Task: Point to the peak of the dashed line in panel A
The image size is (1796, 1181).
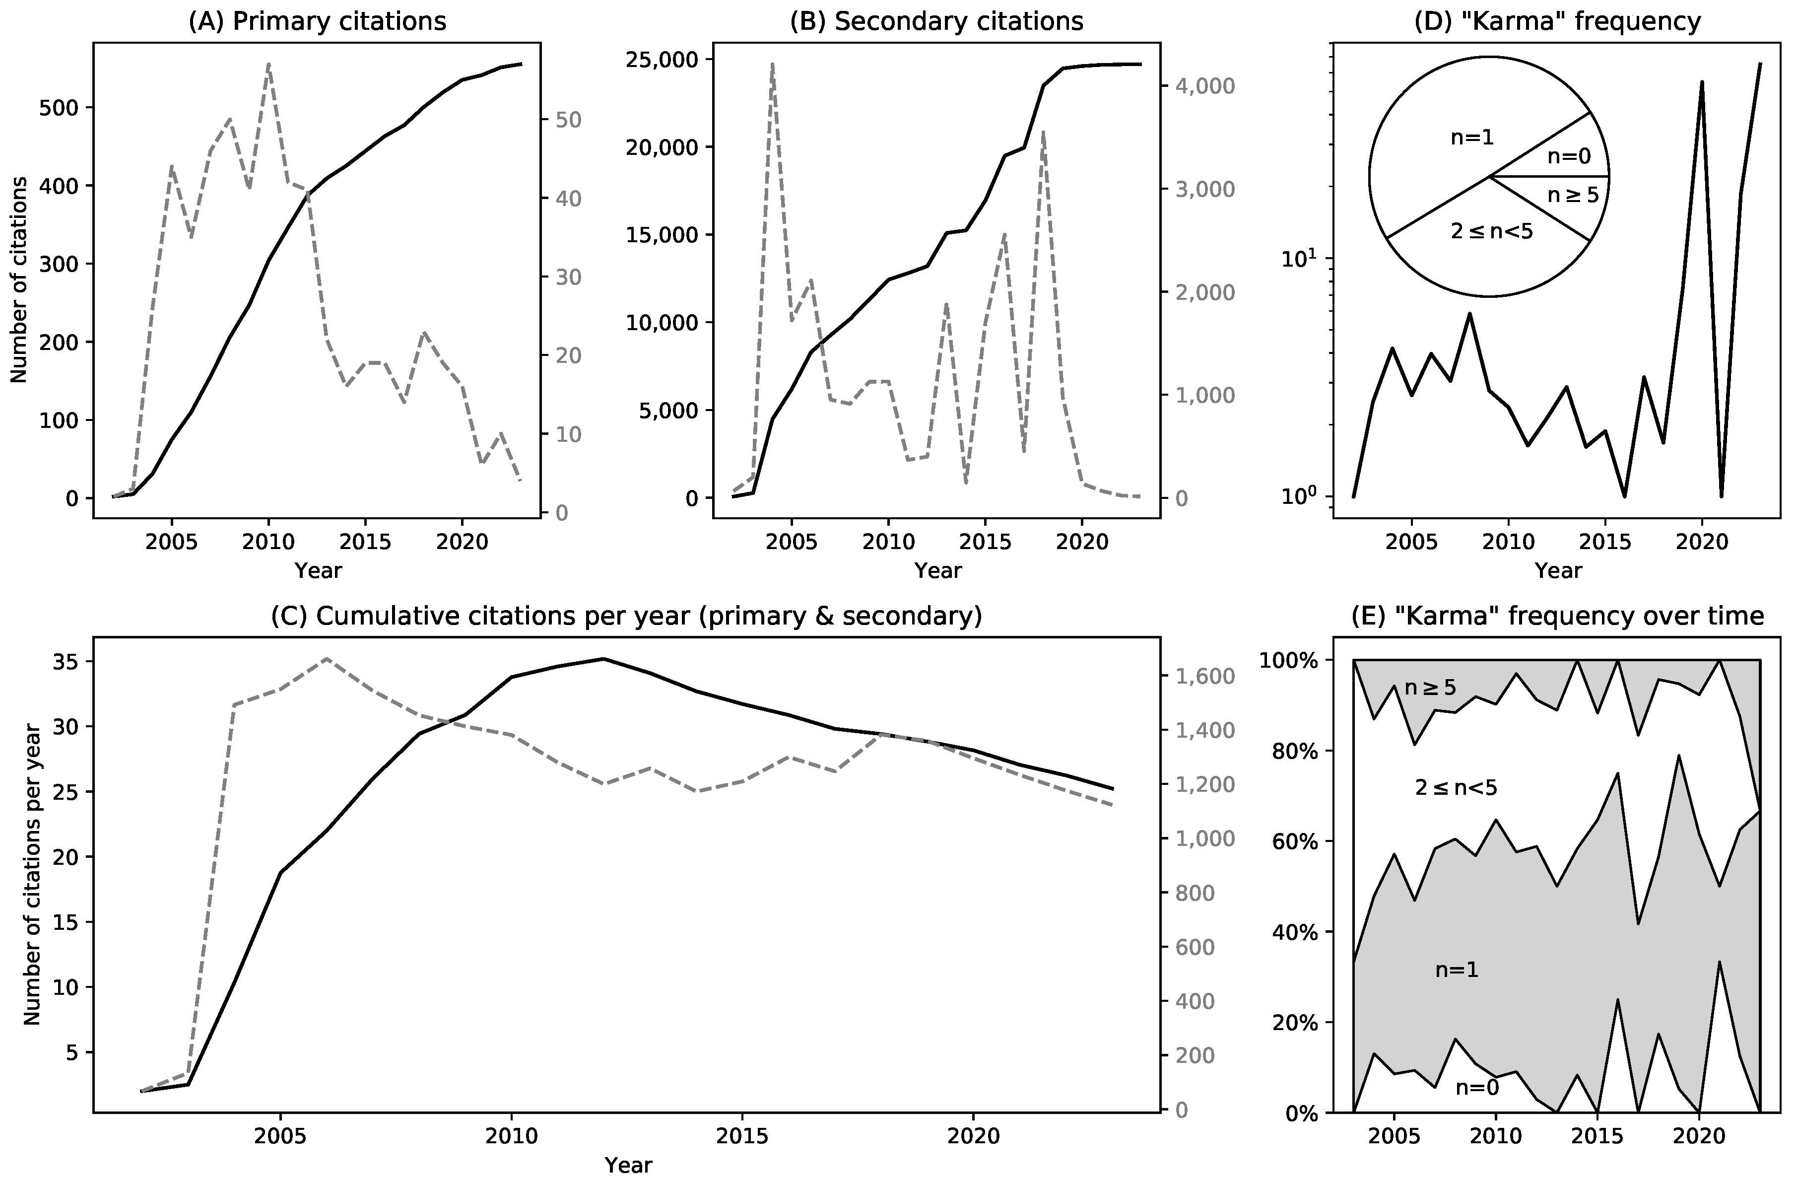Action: coord(268,65)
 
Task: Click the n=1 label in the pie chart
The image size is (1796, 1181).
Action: coord(1472,138)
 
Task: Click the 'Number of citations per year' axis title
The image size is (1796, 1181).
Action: coord(32,874)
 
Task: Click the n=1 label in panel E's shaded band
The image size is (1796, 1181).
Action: coord(1457,970)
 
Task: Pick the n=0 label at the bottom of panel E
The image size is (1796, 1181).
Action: coord(1477,1088)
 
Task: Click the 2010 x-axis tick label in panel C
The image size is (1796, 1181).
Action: coord(512,1136)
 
